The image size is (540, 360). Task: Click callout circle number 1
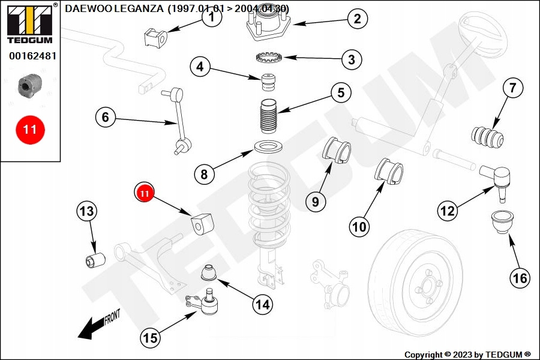pyautogui.click(x=211, y=18)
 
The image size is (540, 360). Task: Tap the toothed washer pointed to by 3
pyautogui.click(x=269, y=59)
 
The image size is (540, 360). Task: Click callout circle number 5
pyautogui.click(x=340, y=93)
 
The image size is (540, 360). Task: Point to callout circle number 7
pyautogui.click(x=512, y=88)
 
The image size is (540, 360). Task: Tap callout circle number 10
pyautogui.click(x=359, y=226)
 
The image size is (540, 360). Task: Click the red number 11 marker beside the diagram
pyautogui.click(x=30, y=129)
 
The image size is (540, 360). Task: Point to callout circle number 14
pyautogui.click(x=262, y=304)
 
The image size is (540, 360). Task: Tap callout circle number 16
pyautogui.click(x=520, y=278)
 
